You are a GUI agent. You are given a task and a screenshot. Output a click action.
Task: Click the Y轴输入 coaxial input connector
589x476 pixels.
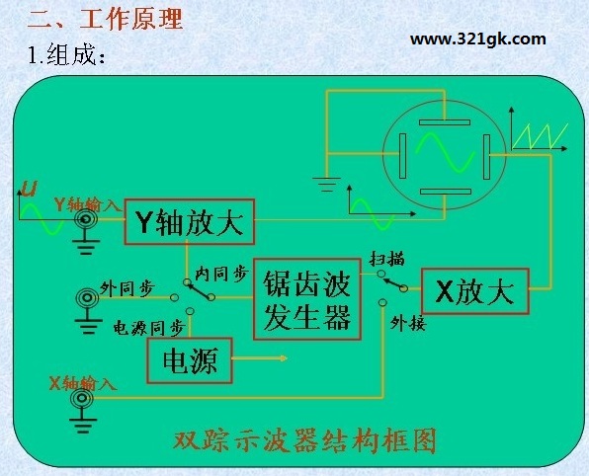(86, 219)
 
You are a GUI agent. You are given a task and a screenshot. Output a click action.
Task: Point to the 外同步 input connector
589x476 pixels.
(87, 298)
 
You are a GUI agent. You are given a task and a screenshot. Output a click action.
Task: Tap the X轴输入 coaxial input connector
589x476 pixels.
(82, 398)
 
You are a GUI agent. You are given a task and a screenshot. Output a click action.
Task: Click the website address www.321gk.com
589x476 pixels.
(477, 40)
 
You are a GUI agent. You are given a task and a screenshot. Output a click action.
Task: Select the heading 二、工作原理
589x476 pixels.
(105, 19)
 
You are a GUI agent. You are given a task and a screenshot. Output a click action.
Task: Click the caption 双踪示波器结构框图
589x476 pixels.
(305, 440)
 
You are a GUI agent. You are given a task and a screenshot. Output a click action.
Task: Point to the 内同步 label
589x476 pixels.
(222, 274)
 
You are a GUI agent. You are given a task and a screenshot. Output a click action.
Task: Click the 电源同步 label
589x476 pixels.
(149, 328)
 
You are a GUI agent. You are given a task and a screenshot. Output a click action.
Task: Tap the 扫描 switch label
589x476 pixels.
(387, 259)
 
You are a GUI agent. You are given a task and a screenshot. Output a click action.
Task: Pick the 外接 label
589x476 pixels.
(408, 323)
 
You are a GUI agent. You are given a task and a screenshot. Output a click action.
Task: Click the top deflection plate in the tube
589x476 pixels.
(445, 122)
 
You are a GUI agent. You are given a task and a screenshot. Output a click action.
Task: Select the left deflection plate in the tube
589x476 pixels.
(402, 156)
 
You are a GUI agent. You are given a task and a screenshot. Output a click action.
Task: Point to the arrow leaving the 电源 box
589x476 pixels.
(260, 358)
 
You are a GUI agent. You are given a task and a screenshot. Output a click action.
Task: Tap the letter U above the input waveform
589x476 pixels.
(30, 189)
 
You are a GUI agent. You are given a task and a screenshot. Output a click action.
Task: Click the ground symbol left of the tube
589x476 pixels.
(326, 184)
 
